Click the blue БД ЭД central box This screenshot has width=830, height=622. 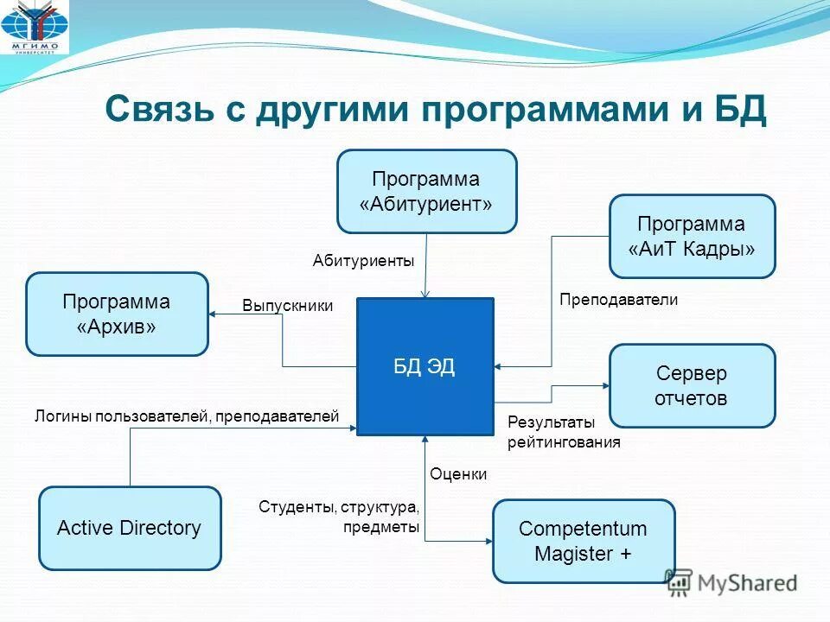(x=425, y=366)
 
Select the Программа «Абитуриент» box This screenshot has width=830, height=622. (x=426, y=191)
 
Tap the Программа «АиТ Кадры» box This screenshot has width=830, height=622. (x=692, y=236)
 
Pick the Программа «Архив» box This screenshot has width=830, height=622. (x=117, y=314)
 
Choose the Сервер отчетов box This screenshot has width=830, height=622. (x=692, y=385)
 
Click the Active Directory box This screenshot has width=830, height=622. (x=130, y=528)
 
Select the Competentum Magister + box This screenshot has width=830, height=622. (x=583, y=541)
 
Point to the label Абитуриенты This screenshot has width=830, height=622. (x=364, y=260)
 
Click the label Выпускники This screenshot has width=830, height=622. (x=287, y=306)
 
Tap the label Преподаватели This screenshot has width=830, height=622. (x=618, y=300)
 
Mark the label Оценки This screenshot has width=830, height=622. (x=458, y=473)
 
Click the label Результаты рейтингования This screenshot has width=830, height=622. (x=564, y=432)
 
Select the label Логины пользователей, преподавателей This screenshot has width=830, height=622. (x=187, y=416)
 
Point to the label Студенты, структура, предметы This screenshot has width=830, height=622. (x=339, y=516)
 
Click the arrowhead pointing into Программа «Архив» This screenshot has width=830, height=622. (x=214, y=314)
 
